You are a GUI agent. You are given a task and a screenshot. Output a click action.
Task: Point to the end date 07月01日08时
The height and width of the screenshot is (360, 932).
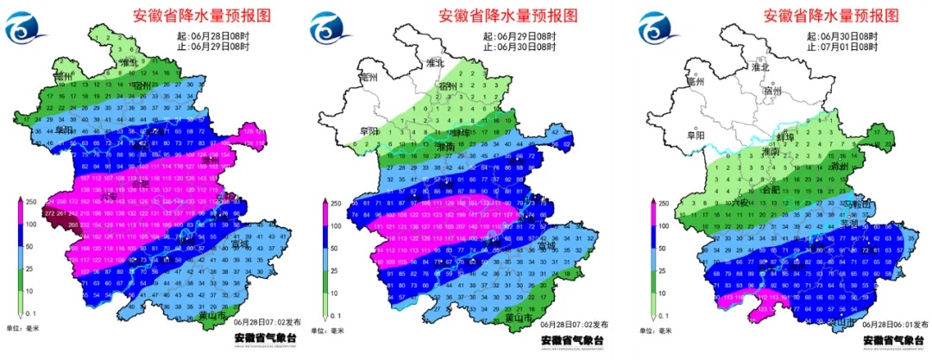pos(842,47)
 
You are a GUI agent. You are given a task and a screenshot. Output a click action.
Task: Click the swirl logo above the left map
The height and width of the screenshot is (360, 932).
pos(31,29)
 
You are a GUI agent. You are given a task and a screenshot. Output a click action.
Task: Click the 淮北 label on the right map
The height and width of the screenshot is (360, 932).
pos(760,66)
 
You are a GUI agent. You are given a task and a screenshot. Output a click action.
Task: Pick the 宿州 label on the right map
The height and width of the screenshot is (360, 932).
pos(772,90)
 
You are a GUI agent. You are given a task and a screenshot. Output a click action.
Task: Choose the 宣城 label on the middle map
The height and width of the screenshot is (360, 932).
pos(545,246)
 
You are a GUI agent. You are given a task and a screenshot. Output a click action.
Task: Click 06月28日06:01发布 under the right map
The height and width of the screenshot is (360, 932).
pos(872,324)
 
